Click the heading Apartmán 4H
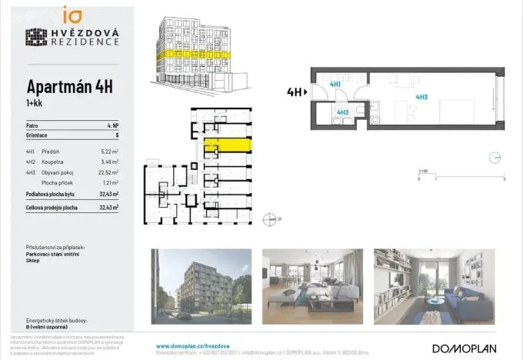(69, 86)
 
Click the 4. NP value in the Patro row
(113, 125)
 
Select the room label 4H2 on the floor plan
(342, 112)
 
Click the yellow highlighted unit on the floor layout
(233, 145)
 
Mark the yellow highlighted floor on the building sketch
(189, 55)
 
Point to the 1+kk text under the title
(35, 102)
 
